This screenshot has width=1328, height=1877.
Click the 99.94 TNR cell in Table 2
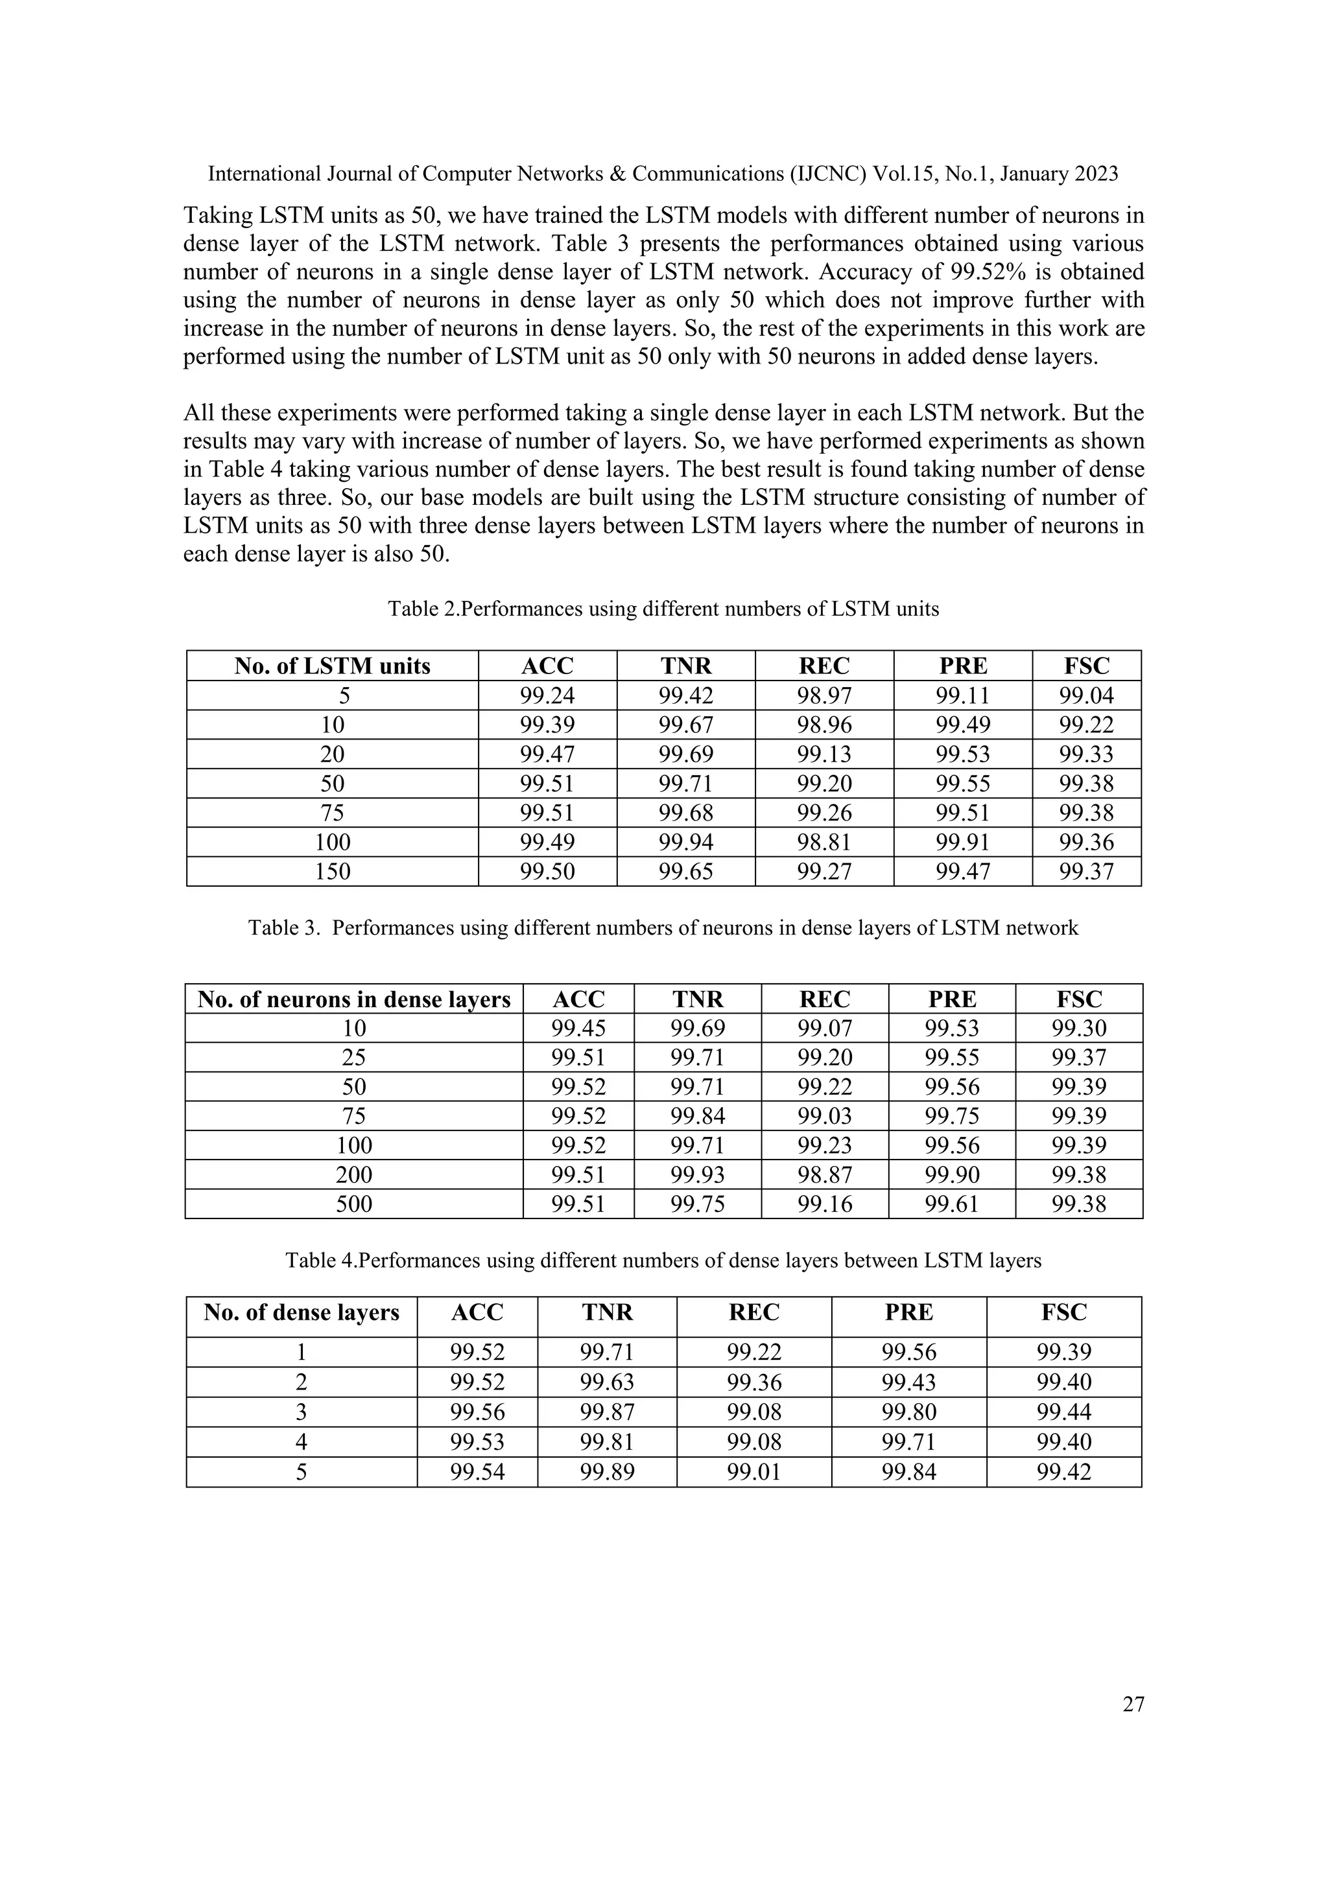(x=685, y=842)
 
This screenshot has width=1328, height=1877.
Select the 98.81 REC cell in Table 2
(x=824, y=842)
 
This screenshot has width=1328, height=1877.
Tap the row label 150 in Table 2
(x=332, y=872)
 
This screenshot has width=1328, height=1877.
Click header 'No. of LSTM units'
(x=332, y=666)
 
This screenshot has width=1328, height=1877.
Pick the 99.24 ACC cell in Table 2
(x=547, y=695)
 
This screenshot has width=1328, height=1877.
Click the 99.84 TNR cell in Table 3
(x=698, y=1116)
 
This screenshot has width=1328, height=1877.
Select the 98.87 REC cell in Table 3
(x=824, y=1175)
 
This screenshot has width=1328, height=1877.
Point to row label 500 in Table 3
(x=353, y=1204)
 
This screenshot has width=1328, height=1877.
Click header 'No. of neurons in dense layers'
(x=353, y=999)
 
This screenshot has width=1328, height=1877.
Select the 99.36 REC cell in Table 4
(x=754, y=1382)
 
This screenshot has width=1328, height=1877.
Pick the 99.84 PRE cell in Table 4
(x=908, y=1473)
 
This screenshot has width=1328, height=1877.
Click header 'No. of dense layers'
(x=301, y=1313)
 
